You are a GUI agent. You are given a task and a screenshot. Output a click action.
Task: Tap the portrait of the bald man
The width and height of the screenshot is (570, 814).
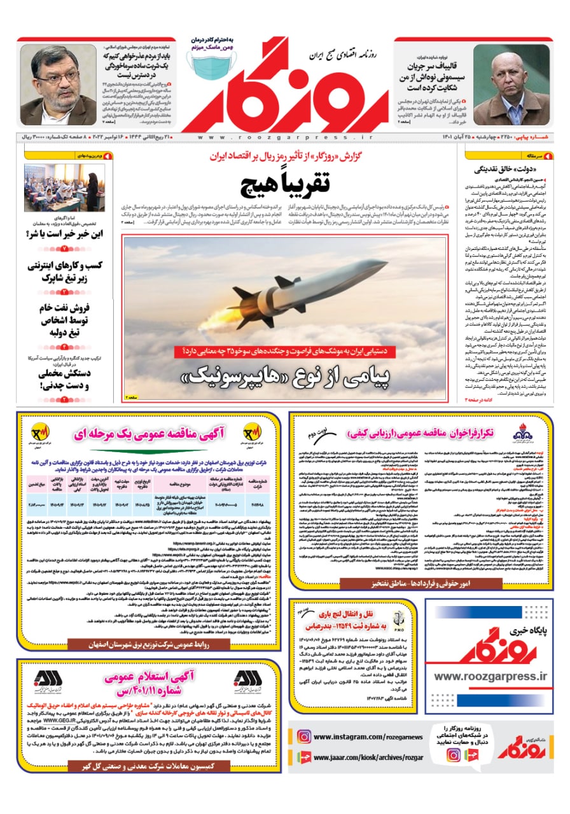[510, 85]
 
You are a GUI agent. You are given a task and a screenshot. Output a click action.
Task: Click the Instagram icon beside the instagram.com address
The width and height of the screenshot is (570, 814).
[304, 736]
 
